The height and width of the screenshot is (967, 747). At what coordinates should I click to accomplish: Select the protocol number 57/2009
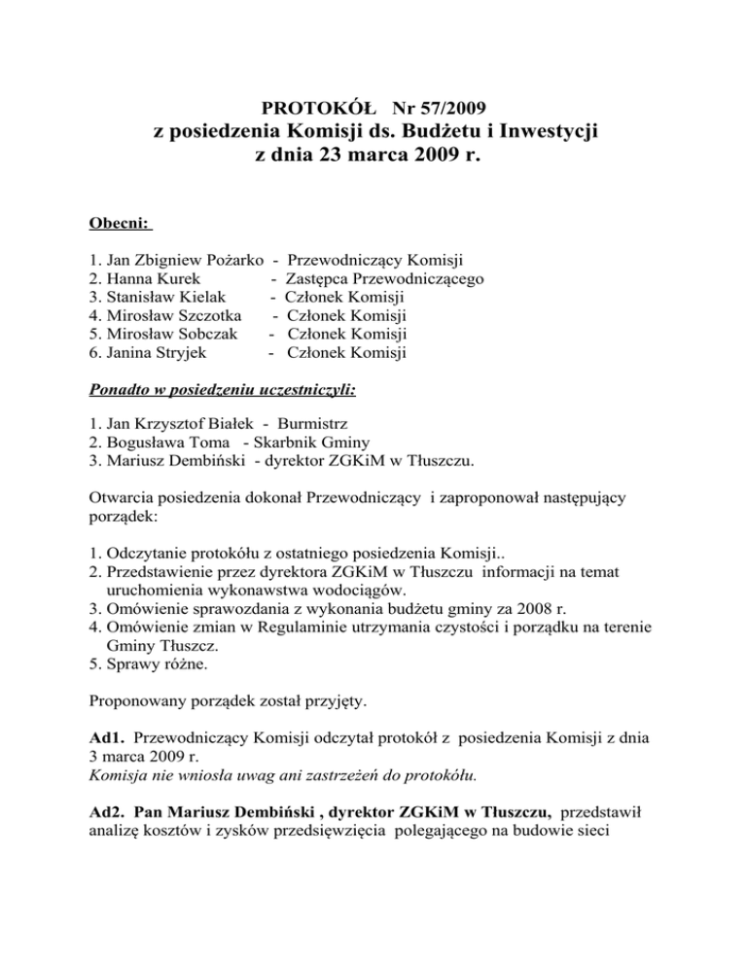coord(446,104)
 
